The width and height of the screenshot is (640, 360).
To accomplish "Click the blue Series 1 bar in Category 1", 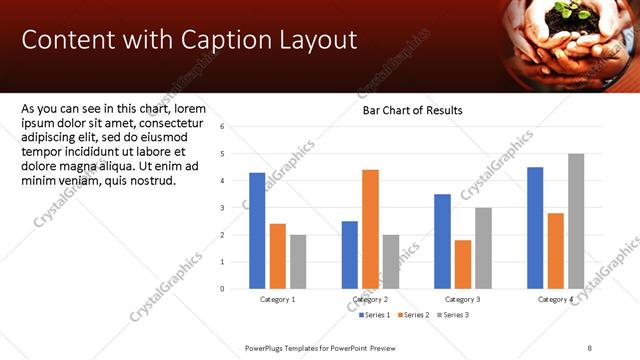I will pos(257,231).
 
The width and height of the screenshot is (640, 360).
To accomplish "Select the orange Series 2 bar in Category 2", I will pos(370,229).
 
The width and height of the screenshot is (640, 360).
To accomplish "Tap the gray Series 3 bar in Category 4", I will pos(576,221).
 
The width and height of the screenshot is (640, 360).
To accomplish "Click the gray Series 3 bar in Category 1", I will pos(298,262).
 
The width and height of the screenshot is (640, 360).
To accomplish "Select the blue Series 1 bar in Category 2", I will pos(349,255).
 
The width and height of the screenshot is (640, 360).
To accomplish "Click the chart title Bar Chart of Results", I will pos(412,110).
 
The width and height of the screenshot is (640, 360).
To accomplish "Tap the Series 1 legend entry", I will pos(374,315).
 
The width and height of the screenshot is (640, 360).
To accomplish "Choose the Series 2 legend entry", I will pos(414,315).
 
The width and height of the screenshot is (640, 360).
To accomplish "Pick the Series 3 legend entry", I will pos(453,315).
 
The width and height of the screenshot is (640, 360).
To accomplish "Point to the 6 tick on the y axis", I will pos(236,127).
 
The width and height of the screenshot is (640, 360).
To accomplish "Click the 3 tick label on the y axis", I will pos(236,208).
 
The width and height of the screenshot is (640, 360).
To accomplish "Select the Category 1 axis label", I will pos(277,300).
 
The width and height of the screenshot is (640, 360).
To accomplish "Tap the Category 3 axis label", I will pos(462,300).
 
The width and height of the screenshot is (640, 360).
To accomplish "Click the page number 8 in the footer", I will pos(589,346).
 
